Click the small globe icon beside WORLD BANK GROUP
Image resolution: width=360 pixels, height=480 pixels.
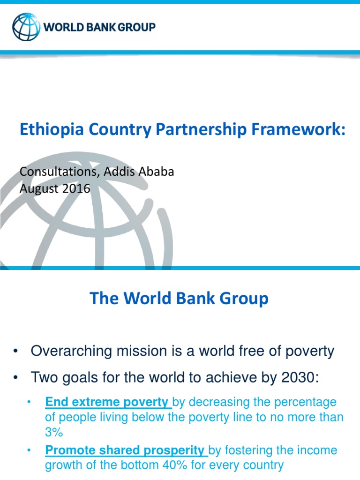[x=27, y=27]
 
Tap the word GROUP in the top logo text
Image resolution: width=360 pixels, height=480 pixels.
[x=136, y=27]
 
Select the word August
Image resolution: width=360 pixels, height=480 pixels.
[x=37, y=189]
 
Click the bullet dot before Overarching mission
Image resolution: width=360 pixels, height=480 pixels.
[x=16, y=352]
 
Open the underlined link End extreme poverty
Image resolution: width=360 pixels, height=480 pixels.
[x=108, y=402]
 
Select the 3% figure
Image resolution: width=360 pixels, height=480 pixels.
[x=54, y=432]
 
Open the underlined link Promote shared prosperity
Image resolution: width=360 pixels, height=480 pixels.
[x=126, y=450]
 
